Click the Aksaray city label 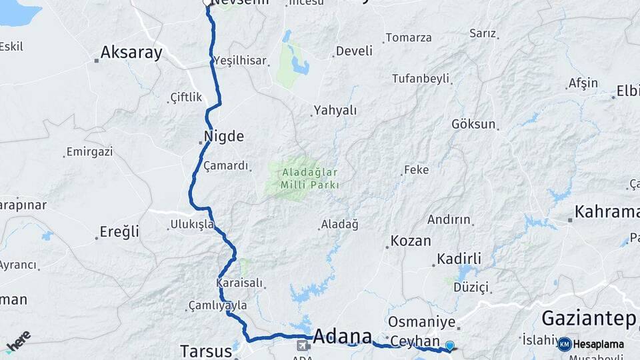point(131,53)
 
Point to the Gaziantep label point(589,318)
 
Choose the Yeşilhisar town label point(240,60)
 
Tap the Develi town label point(354,51)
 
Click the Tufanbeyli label point(420,78)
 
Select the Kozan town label point(411,241)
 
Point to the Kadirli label point(459,259)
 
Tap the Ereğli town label point(119,232)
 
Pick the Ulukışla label point(192,224)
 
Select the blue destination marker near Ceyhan point(450,345)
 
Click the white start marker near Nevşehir point(207,3)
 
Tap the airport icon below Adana point(303,345)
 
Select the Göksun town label point(473,124)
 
